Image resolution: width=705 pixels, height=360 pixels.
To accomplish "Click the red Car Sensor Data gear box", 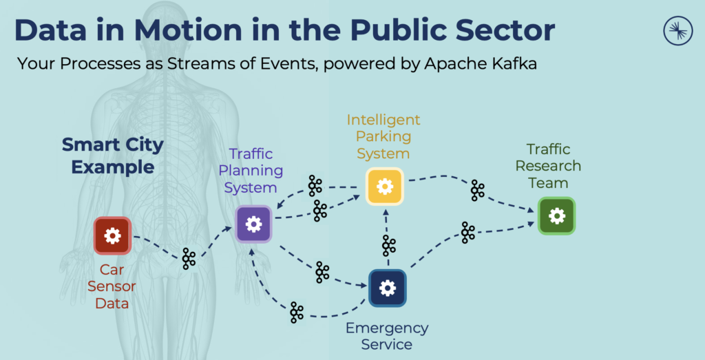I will click(x=112, y=236).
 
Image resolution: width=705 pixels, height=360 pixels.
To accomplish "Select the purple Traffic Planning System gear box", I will click(x=254, y=224).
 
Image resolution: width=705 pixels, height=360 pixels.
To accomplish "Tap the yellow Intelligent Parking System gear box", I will click(x=384, y=187).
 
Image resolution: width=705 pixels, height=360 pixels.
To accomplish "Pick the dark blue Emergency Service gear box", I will click(x=388, y=288).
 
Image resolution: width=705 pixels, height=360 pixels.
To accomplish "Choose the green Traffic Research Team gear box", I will click(x=556, y=215).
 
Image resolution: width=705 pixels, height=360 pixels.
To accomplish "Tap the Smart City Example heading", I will click(x=113, y=156).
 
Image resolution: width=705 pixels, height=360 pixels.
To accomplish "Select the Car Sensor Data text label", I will click(x=112, y=286).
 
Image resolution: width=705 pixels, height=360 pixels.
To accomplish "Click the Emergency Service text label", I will click(x=388, y=336).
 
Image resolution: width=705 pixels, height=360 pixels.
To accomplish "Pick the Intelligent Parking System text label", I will click(x=383, y=136).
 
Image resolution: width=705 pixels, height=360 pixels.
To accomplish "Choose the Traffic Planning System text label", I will click(x=251, y=170).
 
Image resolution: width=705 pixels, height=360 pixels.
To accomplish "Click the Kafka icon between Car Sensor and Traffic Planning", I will click(x=189, y=259).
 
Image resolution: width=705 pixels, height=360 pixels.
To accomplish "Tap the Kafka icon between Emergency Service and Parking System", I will click(x=389, y=245).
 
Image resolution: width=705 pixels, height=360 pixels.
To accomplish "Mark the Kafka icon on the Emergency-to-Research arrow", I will click(x=468, y=232).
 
